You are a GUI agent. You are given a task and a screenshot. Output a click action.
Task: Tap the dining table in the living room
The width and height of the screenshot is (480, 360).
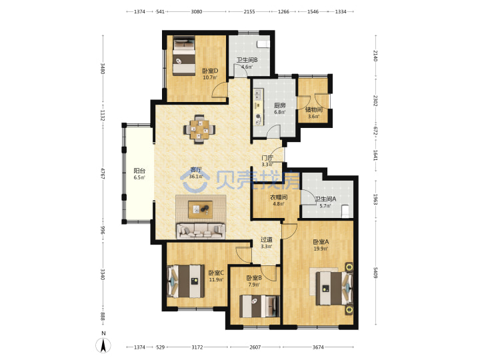(x=199, y=129)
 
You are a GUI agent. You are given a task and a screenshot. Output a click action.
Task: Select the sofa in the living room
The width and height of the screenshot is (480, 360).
(x=201, y=231)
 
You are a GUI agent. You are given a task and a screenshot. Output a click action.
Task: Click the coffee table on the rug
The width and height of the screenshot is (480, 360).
(x=201, y=209)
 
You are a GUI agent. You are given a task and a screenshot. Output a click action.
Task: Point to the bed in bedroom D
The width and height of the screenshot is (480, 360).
(x=184, y=56)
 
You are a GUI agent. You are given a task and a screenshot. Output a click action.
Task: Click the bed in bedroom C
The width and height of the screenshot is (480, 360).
(x=186, y=281)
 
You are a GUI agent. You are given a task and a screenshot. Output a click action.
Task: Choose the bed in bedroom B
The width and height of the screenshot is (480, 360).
(x=259, y=306)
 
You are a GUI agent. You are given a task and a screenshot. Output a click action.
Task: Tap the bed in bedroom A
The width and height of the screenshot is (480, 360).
(x=334, y=289)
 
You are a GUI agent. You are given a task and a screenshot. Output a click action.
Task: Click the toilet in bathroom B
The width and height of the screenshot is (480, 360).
(x=263, y=44)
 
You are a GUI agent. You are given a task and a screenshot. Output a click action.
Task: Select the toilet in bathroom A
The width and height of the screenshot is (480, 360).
(x=345, y=211)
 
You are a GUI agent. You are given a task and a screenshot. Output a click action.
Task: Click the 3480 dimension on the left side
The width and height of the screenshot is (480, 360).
(x=103, y=69)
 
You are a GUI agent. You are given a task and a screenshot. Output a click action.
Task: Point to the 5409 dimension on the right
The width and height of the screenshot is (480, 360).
(x=375, y=273)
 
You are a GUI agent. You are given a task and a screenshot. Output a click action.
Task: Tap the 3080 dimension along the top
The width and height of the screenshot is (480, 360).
(x=197, y=11)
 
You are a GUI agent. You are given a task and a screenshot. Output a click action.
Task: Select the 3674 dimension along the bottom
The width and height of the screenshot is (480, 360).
(x=318, y=347)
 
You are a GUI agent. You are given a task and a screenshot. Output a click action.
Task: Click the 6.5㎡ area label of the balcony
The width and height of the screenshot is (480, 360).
(x=139, y=177)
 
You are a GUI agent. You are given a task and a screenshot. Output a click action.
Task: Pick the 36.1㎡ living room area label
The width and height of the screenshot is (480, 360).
(x=195, y=177)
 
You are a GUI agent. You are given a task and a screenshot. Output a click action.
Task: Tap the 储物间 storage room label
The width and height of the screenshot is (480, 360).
(x=314, y=109)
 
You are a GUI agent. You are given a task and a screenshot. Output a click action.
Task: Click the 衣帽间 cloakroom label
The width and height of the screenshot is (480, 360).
(x=279, y=197)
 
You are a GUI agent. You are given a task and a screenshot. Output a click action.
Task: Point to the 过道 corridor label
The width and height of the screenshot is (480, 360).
(x=266, y=239)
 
